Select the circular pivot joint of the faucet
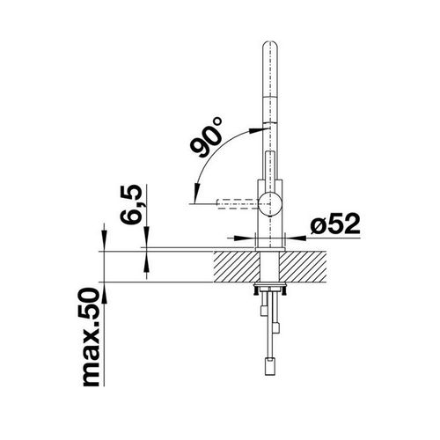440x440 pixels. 270,204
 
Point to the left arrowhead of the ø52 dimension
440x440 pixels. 249,237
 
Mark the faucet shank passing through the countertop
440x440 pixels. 269,264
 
